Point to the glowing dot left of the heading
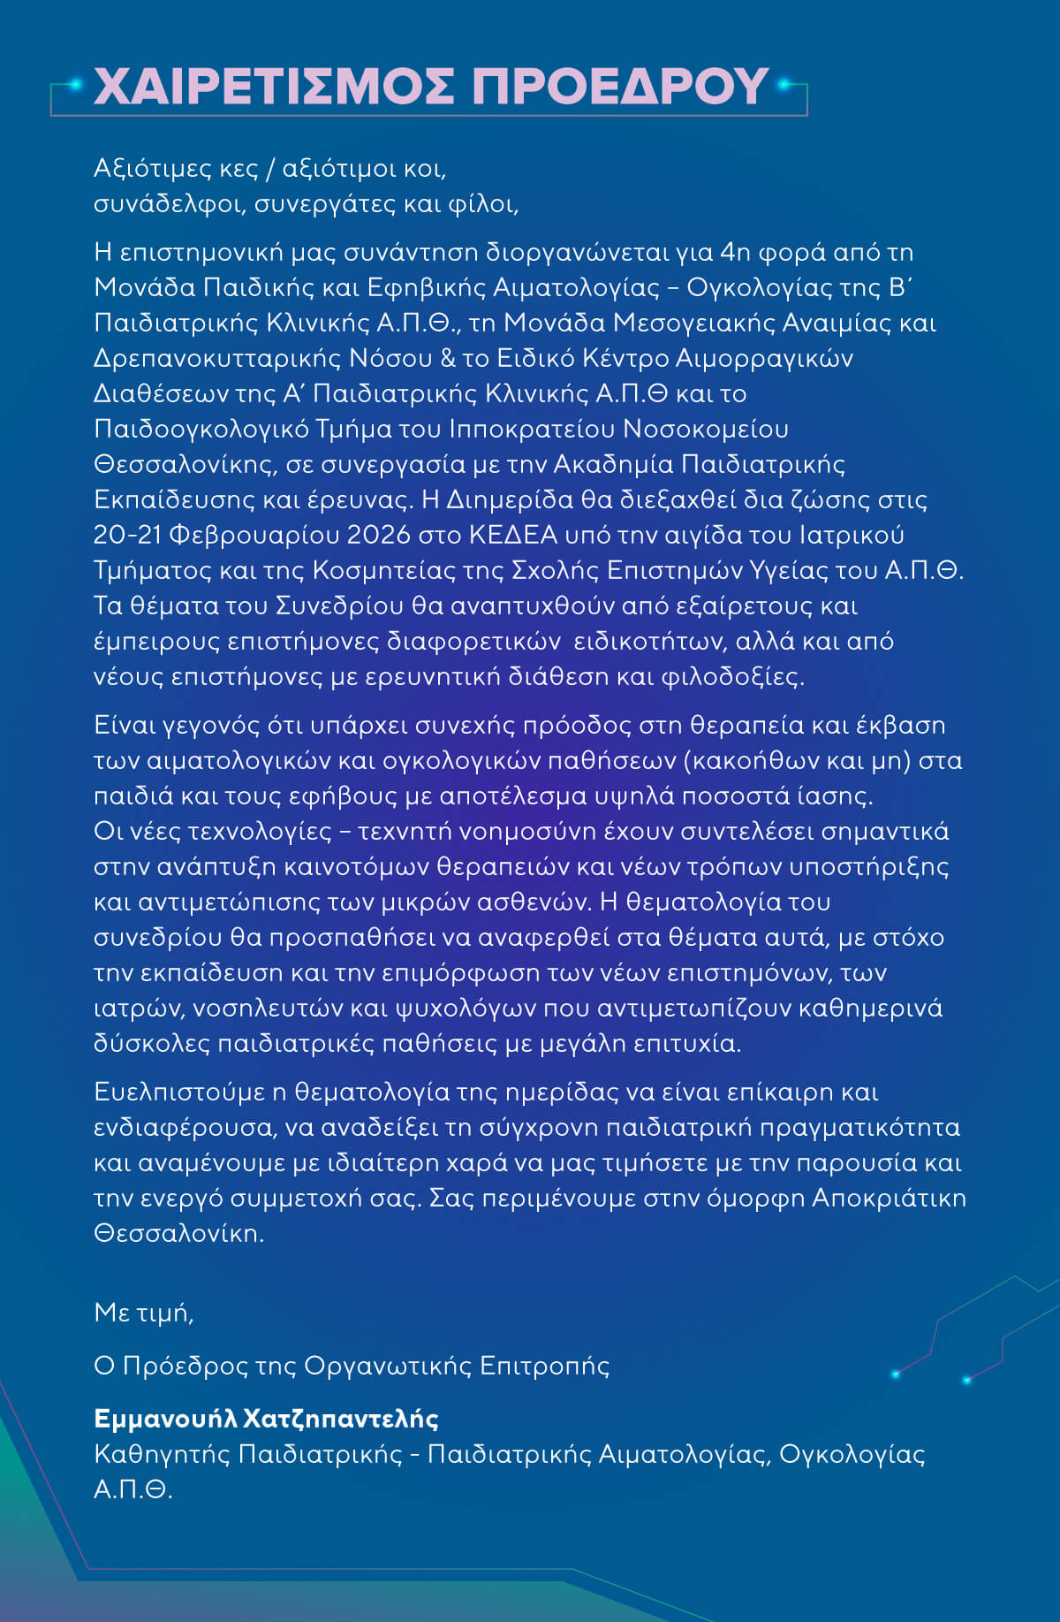[x=76, y=85]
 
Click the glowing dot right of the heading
[x=782, y=85]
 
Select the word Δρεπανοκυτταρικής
[x=217, y=359]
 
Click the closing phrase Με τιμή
[x=143, y=1313]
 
